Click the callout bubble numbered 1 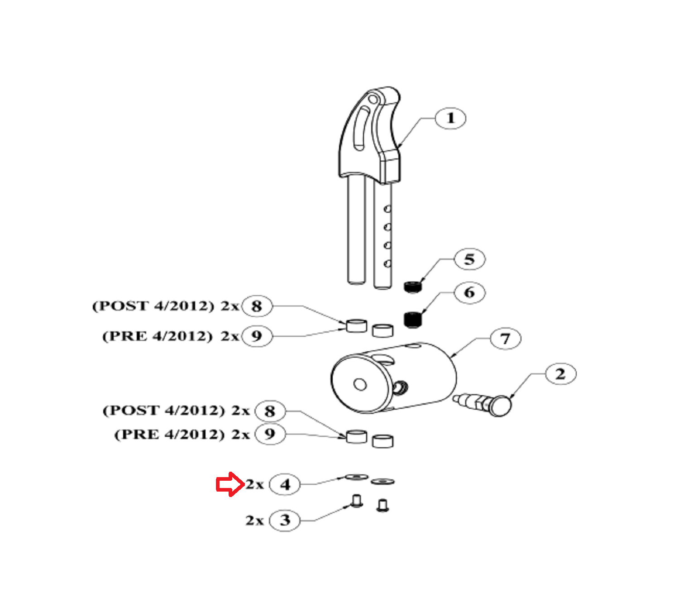pyautogui.click(x=450, y=119)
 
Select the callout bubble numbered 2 pyautogui.click(x=560, y=374)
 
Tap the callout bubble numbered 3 pyautogui.click(x=285, y=520)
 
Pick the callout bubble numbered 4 pyautogui.click(x=285, y=485)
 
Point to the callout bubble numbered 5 pyautogui.click(x=469, y=259)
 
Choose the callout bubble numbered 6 pyautogui.click(x=469, y=293)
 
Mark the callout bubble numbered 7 pyautogui.click(x=505, y=339)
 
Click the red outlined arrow pyautogui.click(x=230, y=484)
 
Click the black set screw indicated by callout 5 pyautogui.click(x=412, y=287)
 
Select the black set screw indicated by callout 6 pyautogui.click(x=412, y=319)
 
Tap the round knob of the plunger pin pyautogui.click(x=500, y=405)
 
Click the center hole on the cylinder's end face pyautogui.click(x=360, y=385)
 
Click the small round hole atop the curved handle pyautogui.click(x=373, y=98)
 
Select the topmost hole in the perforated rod pyautogui.click(x=387, y=209)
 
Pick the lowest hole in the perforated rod pyautogui.click(x=387, y=263)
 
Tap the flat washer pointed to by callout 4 pyautogui.click(x=357, y=477)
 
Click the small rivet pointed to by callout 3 pyautogui.click(x=357, y=501)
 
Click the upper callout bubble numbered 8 pyautogui.click(x=257, y=306)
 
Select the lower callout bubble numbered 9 pyautogui.click(x=270, y=434)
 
